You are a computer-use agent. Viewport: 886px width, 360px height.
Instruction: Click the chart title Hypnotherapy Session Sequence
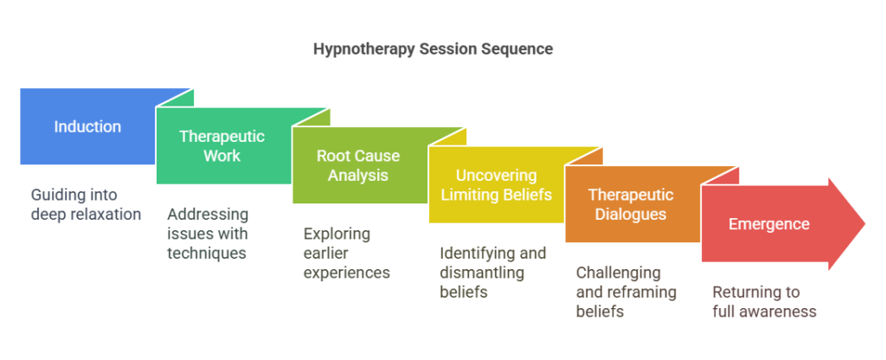(x=433, y=49)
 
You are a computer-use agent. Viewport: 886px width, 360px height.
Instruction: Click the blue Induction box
(x=87, y=126)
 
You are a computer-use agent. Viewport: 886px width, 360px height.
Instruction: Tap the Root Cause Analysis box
(x=358, y=165)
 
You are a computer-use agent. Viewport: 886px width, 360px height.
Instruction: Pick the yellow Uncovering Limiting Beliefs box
(x=496, y=184)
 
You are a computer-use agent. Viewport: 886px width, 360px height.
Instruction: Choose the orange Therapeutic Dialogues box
(x=632, y=204)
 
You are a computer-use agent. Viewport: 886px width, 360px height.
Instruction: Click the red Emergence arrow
(x=768, y=224)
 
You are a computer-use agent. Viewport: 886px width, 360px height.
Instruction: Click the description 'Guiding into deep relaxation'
(x=86, y=204)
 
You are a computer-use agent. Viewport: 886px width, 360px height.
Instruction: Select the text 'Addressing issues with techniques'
(x=208, y=234)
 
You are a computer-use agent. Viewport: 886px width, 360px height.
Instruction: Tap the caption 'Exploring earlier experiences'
(x=346, y=254)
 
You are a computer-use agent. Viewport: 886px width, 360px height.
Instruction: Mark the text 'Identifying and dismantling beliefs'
(x=492, y=273)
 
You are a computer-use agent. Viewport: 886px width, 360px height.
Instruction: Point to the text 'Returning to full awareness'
(x=764, y=302)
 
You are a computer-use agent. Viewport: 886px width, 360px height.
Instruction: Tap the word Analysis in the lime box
(x=358, y=175)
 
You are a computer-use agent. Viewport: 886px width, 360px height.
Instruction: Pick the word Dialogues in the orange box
(x=632, y=214)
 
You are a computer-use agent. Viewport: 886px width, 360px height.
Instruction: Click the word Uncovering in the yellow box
(x=496, y=175)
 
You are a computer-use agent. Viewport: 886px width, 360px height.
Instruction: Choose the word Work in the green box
(x=222, y=155)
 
